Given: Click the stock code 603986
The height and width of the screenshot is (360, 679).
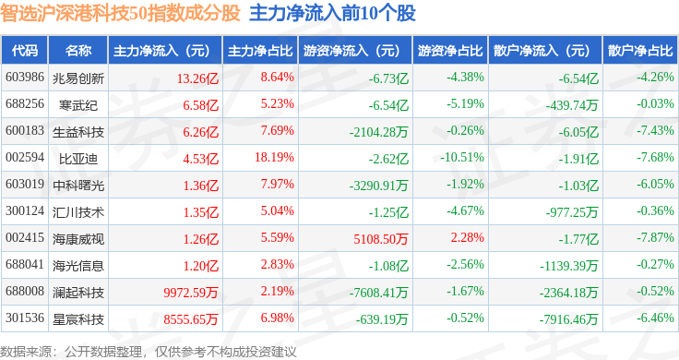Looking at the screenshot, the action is coord(25,78).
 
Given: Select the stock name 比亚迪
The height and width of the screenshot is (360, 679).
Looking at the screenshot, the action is coord(78,159).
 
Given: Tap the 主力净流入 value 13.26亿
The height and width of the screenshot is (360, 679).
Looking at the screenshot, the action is coord(197,78).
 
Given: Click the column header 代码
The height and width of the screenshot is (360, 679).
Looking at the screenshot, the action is coord(25,51).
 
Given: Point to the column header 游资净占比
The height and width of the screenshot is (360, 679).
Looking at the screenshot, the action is coord(450,51).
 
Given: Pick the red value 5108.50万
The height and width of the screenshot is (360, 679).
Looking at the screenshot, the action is coord(381,239).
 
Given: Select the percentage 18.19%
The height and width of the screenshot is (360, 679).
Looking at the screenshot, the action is coord(274,157).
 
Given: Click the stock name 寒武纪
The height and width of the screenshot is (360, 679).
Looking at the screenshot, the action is coord(78,105).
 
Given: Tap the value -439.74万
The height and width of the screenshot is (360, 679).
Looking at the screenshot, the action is coord(572,105).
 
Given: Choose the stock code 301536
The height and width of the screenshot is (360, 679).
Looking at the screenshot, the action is coord(25,318).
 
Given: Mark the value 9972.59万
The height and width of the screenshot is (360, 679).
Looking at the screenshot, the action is coord(191,293).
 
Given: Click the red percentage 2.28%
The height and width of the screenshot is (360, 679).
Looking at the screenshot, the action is coord(467,237).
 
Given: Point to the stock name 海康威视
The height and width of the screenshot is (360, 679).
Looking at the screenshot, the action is coord(78,239).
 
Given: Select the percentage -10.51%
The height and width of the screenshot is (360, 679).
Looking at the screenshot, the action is coord(462,157).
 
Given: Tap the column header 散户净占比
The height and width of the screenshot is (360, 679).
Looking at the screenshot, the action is coord(640,51).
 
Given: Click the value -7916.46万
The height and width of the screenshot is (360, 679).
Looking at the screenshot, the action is coord(568,319).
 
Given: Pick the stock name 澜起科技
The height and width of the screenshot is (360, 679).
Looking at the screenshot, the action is coord(78,293).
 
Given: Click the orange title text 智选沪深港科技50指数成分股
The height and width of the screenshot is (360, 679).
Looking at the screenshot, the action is coord(120,13).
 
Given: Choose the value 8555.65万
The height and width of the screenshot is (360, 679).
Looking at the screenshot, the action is coord(191,319).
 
